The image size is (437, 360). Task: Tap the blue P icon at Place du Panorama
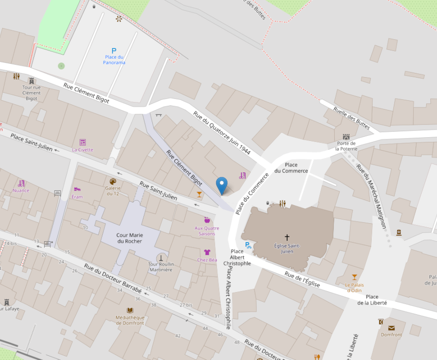tap(114, 51)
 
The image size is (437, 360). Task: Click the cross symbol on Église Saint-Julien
tap(287, 238)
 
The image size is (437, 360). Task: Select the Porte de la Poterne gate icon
tap(346, 137)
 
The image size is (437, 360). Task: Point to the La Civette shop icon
tap(82, 142)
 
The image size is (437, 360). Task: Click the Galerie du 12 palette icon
tap(113, 181)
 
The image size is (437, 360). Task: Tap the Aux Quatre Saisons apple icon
tap(207, 220)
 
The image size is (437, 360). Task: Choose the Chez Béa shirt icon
tap(207, 253)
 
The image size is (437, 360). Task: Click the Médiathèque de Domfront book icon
tap(130, 310)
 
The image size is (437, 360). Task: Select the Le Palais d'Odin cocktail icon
tap(354, 277)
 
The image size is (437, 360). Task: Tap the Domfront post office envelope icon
tap(392, 328)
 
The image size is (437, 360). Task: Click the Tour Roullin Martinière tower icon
tap(161, 257)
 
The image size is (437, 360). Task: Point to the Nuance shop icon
tap(21, 183)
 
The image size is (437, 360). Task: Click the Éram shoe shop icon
tap(77, 189)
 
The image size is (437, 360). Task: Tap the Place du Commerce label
tap(291, 168)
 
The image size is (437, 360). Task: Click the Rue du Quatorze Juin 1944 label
tap(228, 132)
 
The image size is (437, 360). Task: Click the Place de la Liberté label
tap(372, 300)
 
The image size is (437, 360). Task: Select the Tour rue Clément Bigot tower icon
tap(31, 81)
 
